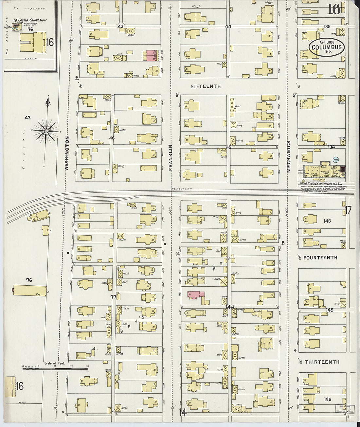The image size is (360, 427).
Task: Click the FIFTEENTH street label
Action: click(x=206, y=86)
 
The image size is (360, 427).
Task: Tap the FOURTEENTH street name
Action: click(x=320, y=258)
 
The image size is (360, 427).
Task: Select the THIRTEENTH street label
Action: click(x=322, y=362)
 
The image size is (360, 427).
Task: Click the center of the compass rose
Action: click(x=46, y=131)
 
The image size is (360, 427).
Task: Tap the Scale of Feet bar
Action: click(x=55, y=369)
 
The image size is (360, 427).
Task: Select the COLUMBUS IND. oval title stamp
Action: click(x=326, y=48)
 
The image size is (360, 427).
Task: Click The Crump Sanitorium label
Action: click(x=29, y=20)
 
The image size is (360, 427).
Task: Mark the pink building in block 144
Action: click(x=196, y=294)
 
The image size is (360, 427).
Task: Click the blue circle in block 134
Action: click(x=335, y=159)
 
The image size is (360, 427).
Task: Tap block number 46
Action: click(x=112, y=138)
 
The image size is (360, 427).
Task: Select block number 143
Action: click(x=327, y=221)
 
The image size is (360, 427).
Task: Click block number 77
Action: click(x=113, y=297)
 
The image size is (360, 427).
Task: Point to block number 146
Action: click(x=327, y=399)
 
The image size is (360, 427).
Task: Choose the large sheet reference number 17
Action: click(x=348, y=210)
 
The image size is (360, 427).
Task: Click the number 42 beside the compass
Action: click(x=27, y=117)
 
